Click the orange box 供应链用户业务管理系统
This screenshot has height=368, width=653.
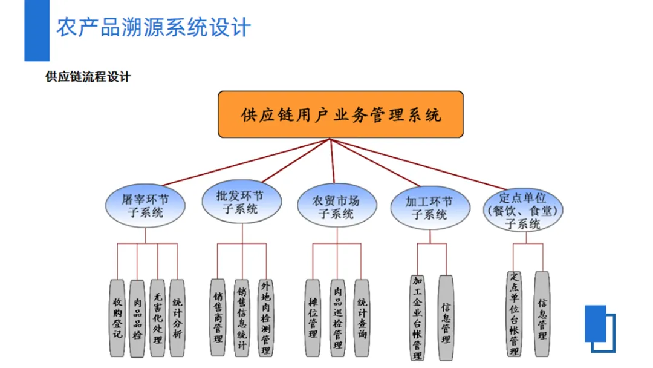[340, 114]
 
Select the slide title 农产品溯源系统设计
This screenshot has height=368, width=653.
[153, 28]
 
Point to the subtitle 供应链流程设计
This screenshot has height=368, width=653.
[88, 77]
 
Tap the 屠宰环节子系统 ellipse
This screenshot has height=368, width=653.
[145, 205]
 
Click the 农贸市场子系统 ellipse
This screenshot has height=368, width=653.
[336, 206]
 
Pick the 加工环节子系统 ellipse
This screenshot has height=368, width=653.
[430, 208]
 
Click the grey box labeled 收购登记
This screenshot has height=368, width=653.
[117, 317]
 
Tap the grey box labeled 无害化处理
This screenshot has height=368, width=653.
[157, 317]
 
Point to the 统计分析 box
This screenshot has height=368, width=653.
[177, 317]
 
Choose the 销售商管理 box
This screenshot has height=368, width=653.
[218, 317]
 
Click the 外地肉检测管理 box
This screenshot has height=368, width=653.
[265, 317]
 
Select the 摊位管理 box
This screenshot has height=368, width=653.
[313, 317]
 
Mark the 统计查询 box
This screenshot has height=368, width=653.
[362, 317]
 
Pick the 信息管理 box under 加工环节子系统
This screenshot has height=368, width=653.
[446, 317]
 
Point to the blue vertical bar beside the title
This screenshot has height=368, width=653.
[36, 30]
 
